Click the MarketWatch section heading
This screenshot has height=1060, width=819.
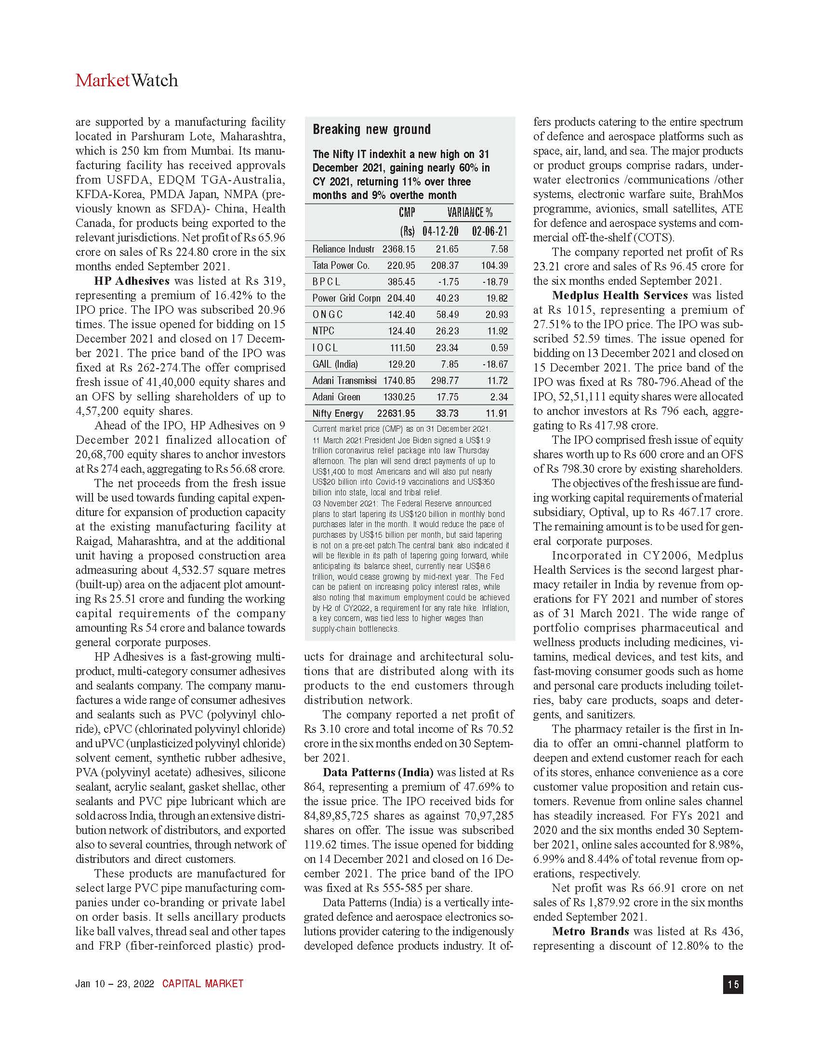tap(127, 80)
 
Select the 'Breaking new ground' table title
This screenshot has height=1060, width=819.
tap(371, 130)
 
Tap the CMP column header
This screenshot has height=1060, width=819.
tap(407, 212)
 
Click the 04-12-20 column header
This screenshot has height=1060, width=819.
tap(440, 231)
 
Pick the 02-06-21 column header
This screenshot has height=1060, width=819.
tap(489, 231)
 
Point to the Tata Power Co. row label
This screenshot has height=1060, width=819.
tap(341, 265)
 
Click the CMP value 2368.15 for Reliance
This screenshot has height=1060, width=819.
tap(398, 249)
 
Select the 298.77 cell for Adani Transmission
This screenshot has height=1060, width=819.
tap(445, 381)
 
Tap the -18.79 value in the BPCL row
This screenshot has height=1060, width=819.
tap(495, 282)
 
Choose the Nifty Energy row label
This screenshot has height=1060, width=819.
tap(338, 413)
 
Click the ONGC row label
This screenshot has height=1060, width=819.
tap(328, 315)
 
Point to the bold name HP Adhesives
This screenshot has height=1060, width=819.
tap(132, 281)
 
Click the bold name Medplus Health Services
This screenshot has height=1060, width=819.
tap(620, 295)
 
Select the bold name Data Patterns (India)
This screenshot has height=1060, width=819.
tap(378, 773)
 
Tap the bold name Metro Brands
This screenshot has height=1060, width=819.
tap(591, 931)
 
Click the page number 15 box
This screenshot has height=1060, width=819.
tap(733, 984)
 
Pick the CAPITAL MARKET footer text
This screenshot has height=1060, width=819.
tap(202, 984)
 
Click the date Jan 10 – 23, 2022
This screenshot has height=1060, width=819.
tap(115, 984)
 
